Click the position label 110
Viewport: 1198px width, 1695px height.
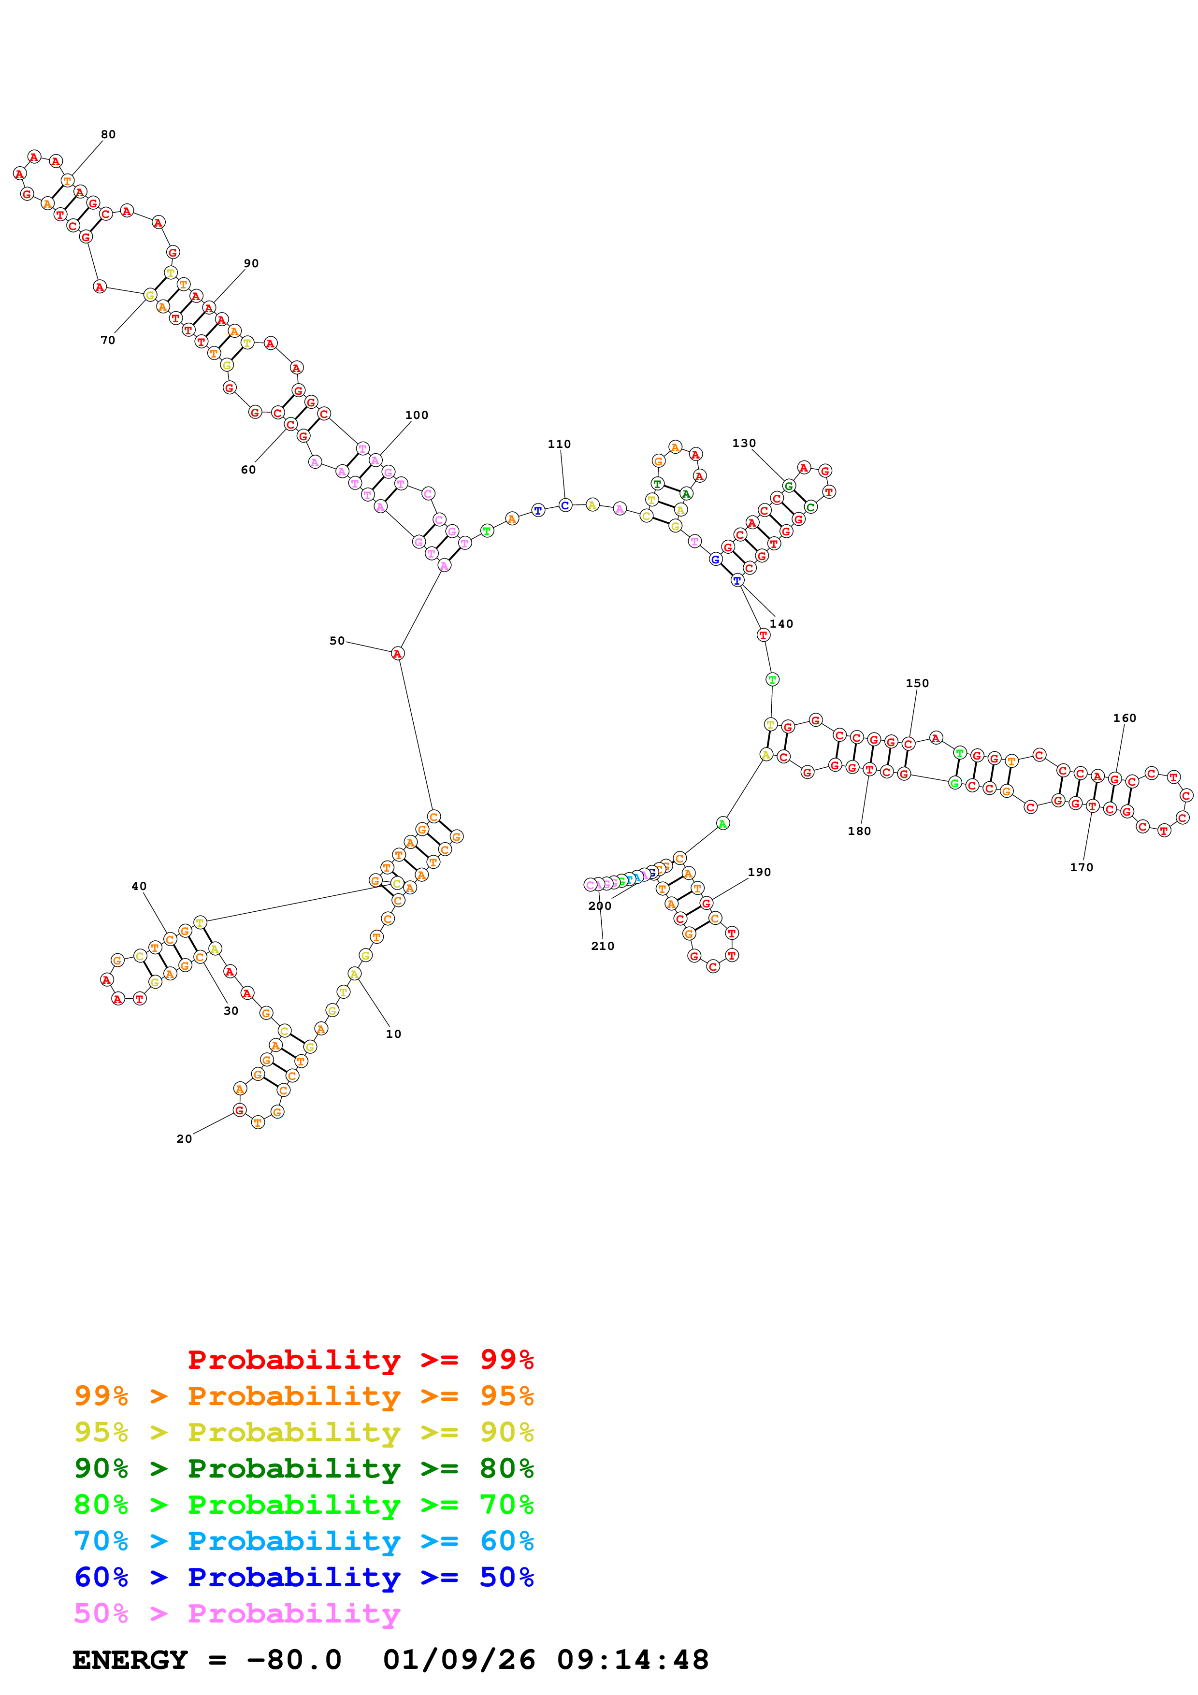click(x=559, y=444)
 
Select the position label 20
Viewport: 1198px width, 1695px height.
click(x=184, y=1138)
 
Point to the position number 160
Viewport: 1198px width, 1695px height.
click(x=1124, y=718)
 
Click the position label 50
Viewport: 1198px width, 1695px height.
click(x=337, y=641)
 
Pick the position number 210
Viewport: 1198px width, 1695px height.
click(x=602, y=946)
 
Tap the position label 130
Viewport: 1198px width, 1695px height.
click(x=743, y=443)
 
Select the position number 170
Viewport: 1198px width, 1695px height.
click(x=1082, y=867)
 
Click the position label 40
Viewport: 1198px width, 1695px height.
click(x=139, y=886)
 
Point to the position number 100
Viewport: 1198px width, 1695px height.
click(x=416, y=415)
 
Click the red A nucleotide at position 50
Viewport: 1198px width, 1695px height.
click(x=397, y=653)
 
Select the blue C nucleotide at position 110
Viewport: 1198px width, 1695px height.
click(x=564, y=505)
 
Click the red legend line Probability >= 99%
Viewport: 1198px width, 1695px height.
click(x=360, y=1360)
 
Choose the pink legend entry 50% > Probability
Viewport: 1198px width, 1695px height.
click(x=236, y=1613)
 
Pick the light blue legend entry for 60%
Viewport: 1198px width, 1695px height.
click(x=303, y=1541)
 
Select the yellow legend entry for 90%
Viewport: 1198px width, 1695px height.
click(x=303, y=1432)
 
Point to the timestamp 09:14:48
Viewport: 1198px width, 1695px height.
click(x=633, y=1660)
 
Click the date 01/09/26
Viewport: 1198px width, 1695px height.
click(x=459, y=1660)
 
